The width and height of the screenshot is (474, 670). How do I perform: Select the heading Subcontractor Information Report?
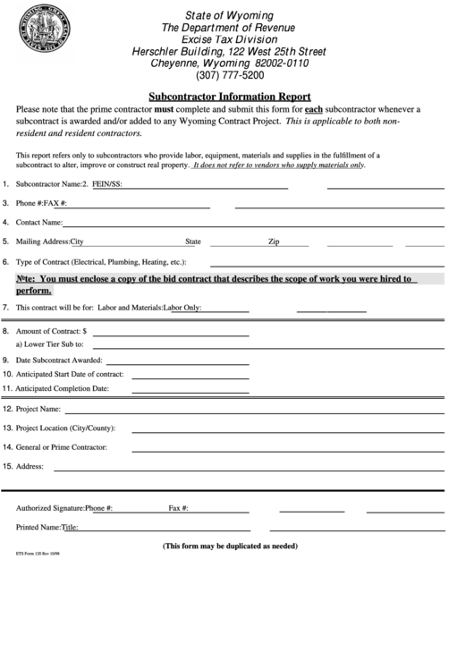pos(236,96)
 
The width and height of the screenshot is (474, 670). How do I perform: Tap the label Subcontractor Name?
pos(47,184)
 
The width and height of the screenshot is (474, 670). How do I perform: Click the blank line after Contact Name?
pos(253,223)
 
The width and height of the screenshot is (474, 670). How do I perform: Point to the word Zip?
pos(274,242)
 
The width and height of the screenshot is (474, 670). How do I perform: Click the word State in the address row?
pos(193,242)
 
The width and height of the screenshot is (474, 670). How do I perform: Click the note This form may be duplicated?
pos(230,546)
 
